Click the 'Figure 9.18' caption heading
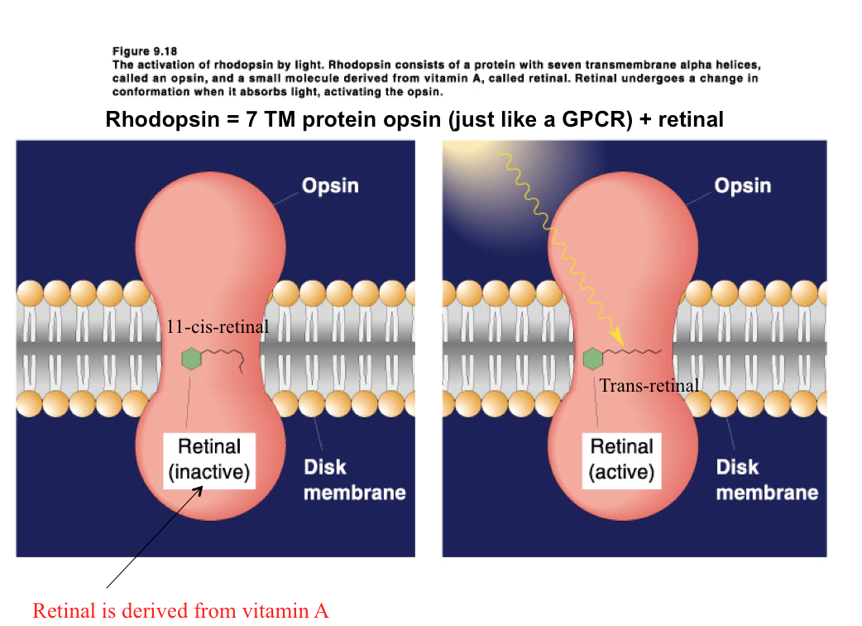[x=144, y=52]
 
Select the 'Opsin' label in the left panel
[x=330, y=185]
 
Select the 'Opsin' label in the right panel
[x=742, y=185]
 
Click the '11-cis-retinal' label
[x=218, y=327]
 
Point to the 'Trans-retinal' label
[x=649, y=385]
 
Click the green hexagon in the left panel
[x=192, y=359]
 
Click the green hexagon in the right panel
[x=593, y=359]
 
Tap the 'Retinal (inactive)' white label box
[x=209, y=460]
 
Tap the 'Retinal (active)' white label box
[x=621, y=460]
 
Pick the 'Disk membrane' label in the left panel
[x=354, y=479]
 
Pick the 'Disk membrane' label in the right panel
[x=766, y=479]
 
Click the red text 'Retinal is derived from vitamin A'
[x=180, y=611]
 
